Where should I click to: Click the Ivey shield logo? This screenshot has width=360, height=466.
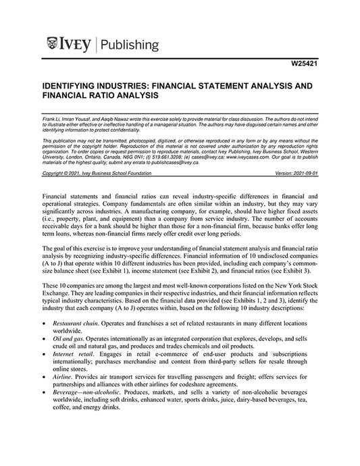coord(56,45)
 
